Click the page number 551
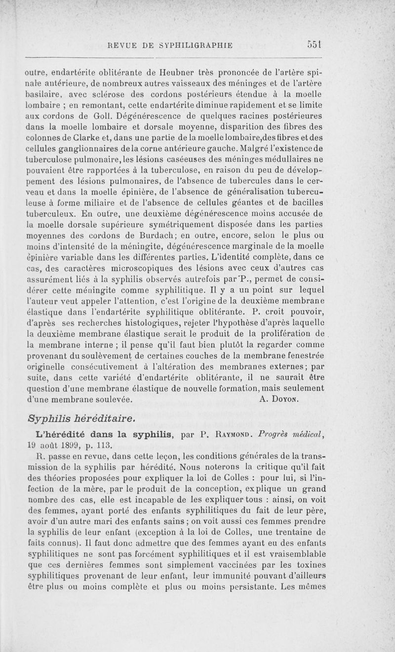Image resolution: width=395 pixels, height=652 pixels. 314,42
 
